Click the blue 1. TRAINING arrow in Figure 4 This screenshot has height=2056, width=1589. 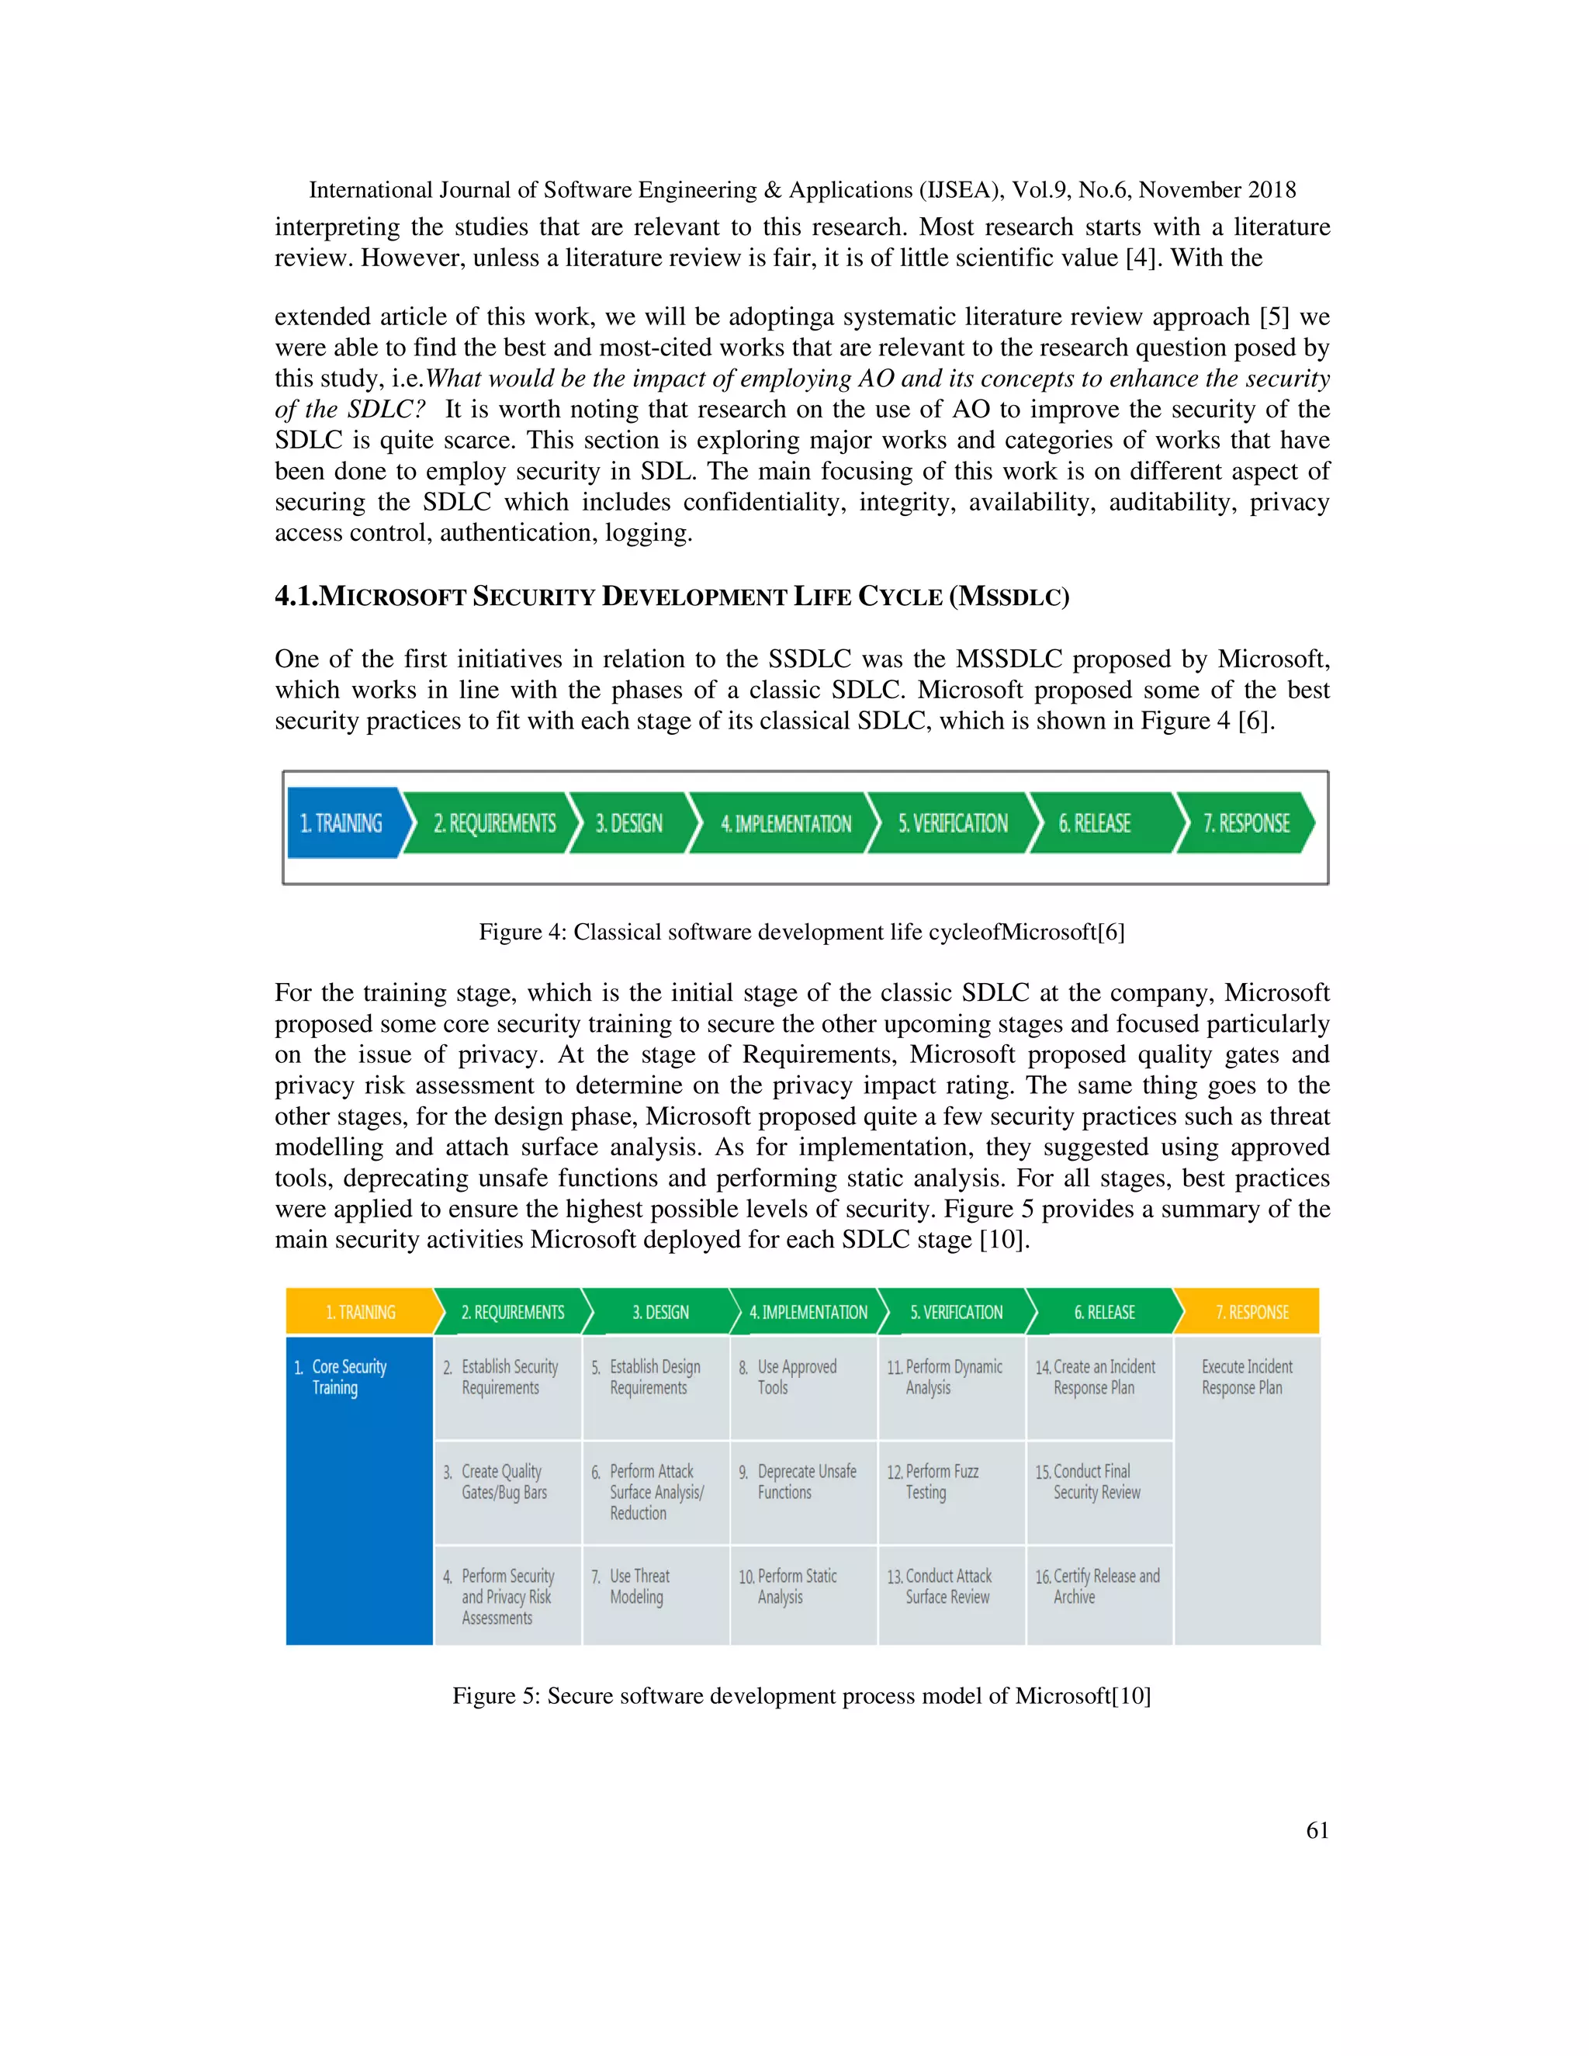coord(344,822)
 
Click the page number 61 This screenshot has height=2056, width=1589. coord(1317,1830)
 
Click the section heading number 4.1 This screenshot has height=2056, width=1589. coord(296,597)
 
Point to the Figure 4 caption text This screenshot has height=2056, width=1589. coord(801,932)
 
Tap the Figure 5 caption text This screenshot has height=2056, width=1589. coord(801,1695)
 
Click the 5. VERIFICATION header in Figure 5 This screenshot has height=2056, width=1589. coord(955,1311)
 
